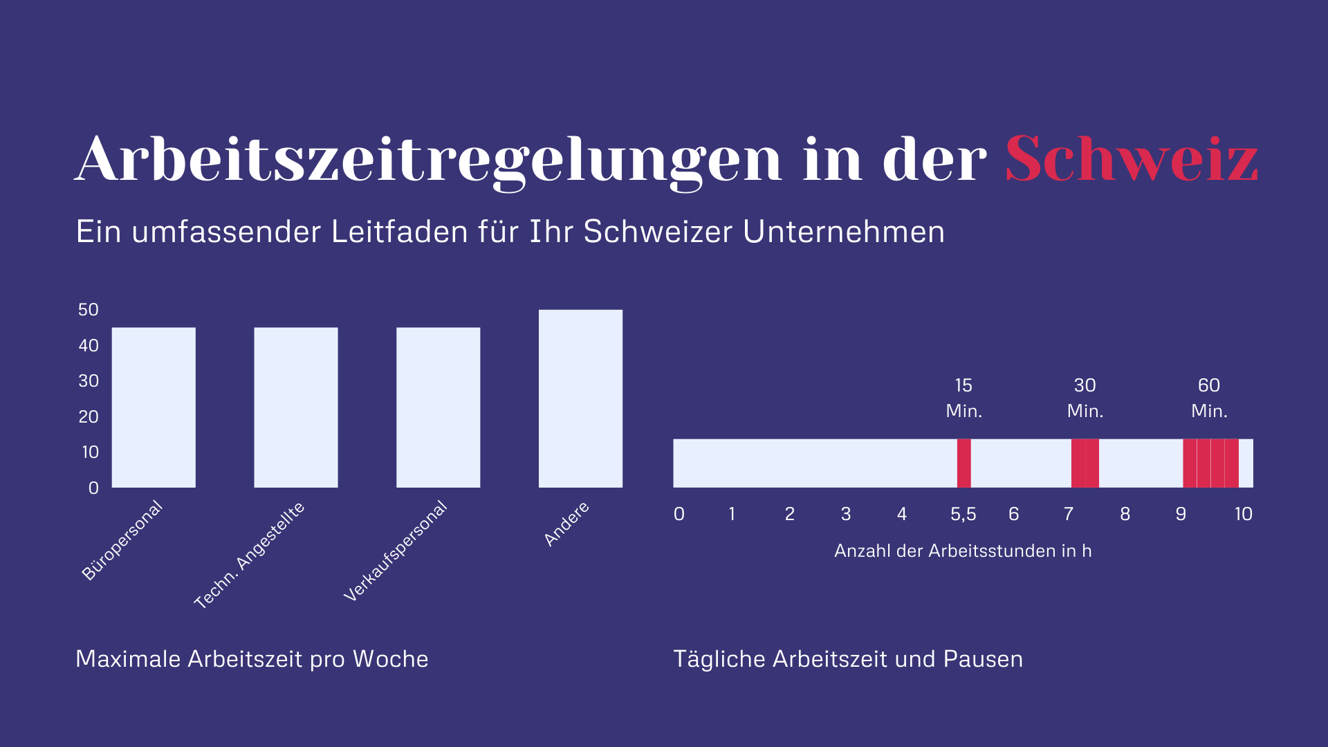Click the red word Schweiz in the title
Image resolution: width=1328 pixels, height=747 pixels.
point(1131,159)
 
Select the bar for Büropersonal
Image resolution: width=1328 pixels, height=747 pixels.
point(154,407)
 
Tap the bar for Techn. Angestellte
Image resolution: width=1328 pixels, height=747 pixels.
point(296,407)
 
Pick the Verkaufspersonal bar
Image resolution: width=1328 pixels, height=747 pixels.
point(438,407)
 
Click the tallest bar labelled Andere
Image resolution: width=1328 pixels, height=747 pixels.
point(580,398)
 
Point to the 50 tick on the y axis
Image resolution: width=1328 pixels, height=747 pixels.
point(89,309)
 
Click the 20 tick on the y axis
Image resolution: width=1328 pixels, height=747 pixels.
point(89,416)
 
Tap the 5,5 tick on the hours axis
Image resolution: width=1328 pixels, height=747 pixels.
point(963,514)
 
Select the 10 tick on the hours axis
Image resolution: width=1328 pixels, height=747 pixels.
point(1243,514)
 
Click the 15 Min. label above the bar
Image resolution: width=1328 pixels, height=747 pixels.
point(963,398)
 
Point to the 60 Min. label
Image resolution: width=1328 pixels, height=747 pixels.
point(1209,398)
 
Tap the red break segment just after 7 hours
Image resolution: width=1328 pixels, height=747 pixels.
point(1085,463)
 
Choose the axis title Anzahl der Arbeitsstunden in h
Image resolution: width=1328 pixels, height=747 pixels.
point(963,551)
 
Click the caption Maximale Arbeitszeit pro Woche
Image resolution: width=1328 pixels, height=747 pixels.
point(252,658)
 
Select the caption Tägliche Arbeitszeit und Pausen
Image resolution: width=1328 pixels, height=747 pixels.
point(848,658)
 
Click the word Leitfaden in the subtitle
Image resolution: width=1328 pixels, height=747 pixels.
point(399,232)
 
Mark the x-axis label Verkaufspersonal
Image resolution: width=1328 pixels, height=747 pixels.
point(396,551)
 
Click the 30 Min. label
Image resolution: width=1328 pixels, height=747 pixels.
point(1085,398)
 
